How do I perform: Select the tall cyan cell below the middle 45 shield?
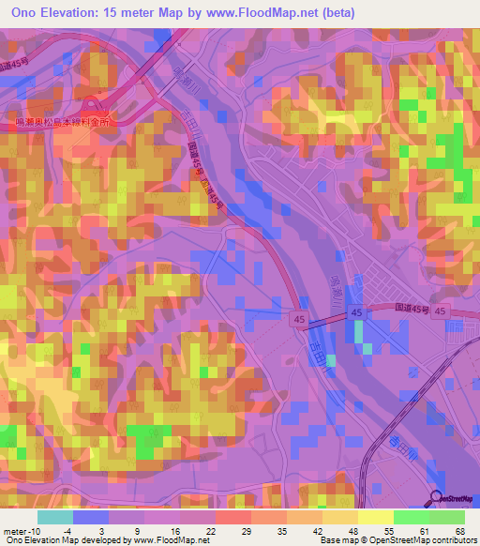[x=356, y=333]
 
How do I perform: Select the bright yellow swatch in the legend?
[x=376, y=517]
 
